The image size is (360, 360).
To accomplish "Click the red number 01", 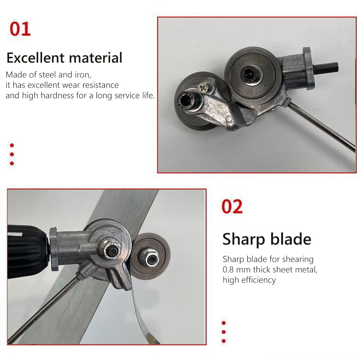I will pos(20,29).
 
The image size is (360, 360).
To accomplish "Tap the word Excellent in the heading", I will pos(35,58).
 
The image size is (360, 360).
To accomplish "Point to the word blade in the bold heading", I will pos(292,239).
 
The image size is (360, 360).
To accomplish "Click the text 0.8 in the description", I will pos(229,270).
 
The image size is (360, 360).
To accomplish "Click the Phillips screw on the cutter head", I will pos(204,87).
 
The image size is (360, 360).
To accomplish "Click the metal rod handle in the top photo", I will pos(324,129).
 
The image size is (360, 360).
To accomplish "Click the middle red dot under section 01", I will pos(12,154).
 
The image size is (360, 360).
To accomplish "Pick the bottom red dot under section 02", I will pos(224,341).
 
